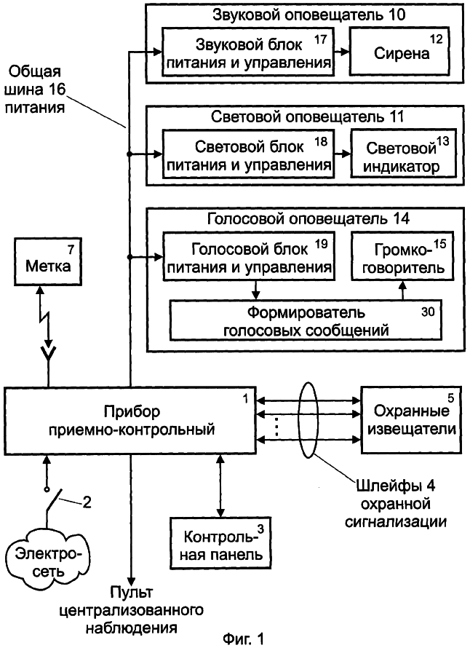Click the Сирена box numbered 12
(399, 52)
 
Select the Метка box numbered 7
(48, 261)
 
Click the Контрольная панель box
(221, 543)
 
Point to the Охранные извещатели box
(411, 420)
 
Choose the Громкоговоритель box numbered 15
(402, 256)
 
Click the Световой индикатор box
(402, 154)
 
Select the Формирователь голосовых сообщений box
(306, 320)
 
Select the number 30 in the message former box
(428, 311)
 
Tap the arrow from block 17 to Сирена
(341, 52)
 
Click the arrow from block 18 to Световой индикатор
(343, 154)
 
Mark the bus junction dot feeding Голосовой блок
(130, 257)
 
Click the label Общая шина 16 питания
(36, 90)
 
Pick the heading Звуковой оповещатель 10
(309, 15)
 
